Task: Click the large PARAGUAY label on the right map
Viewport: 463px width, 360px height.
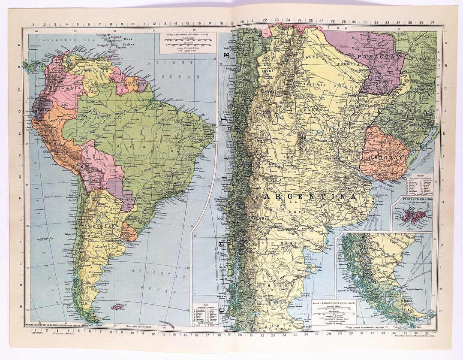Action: click(377, 56)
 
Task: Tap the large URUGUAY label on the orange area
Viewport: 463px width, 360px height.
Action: click(385, 158)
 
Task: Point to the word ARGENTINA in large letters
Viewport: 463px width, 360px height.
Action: click(309, 196)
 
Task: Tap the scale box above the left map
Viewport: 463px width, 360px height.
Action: click(187, 43)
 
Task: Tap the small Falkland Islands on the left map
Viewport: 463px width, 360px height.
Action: click(116, 307)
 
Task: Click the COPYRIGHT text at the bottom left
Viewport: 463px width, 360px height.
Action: click(32, 332)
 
